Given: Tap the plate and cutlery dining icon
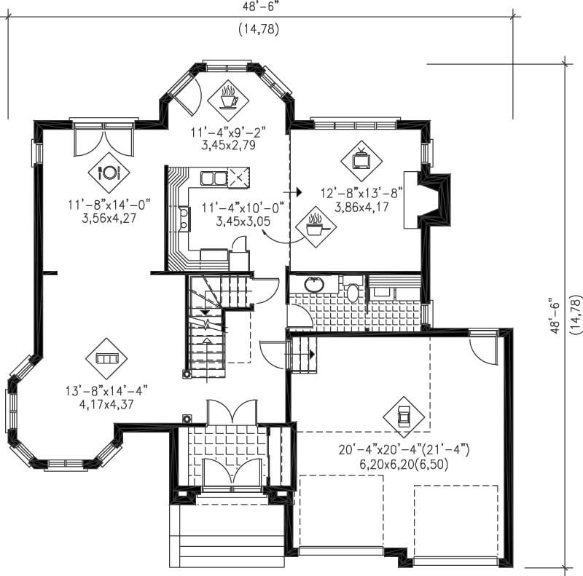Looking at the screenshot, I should tap(109, 173).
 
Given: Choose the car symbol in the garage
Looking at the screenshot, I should tap(404, 416).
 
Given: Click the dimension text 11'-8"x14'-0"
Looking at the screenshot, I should tap(109, 205).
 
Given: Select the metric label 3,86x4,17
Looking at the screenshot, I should tap(361, 206).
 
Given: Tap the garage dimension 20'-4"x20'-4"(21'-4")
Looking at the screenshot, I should tap(403, 451).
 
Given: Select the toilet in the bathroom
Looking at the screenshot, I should tap(352, 291).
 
